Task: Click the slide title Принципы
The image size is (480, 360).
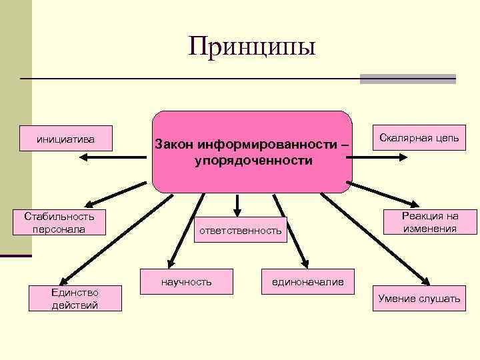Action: coord(251,46)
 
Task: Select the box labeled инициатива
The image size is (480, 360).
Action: coord(65,139)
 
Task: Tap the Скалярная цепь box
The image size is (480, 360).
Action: coord(419,138)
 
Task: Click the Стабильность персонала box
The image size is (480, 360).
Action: coord(59,223)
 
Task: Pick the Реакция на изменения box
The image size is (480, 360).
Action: coord(429,222)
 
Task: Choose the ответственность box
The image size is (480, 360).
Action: coord(238,231)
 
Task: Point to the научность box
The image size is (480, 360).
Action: coord(186,282)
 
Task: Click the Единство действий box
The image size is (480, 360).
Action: coord(75,299)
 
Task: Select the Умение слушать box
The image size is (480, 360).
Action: coord(419,298)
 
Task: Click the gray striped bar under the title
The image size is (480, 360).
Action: coord(407,79)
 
